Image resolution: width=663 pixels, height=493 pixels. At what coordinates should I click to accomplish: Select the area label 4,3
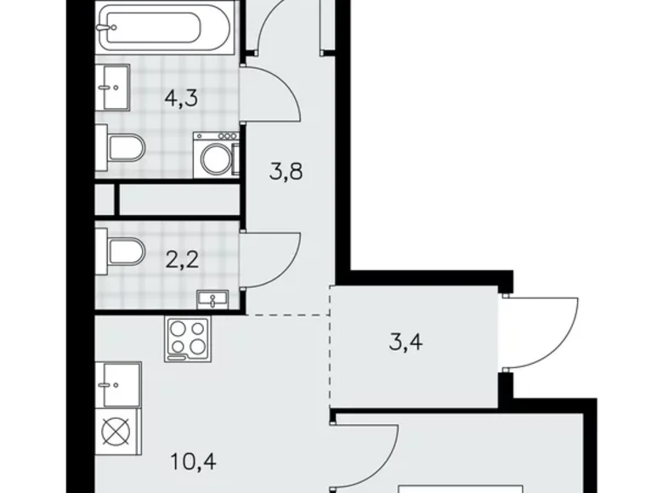(x=181, y=98)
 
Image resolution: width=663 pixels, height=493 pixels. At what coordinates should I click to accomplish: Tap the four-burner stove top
(x=189, y=337)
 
